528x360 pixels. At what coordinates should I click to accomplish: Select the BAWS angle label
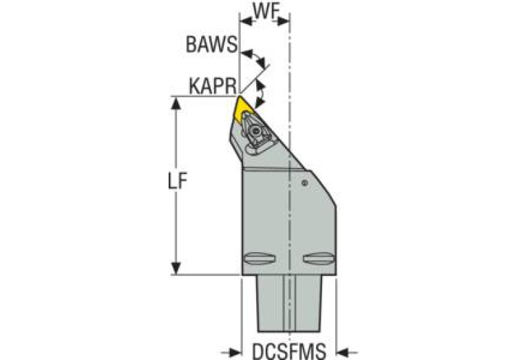tap(211, 45)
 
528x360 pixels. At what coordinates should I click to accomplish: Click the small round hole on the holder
tap(304, 182)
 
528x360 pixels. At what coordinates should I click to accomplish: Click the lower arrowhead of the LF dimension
tap(177, 268)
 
